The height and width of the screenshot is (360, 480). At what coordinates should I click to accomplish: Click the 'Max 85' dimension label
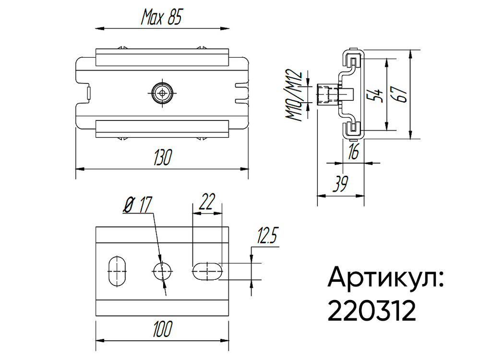(161, 18)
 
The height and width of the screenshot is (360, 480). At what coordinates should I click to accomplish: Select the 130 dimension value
(162, 158)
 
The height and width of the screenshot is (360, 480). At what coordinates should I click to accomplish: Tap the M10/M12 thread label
(294, 96)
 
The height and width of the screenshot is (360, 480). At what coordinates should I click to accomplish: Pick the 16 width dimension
(353, 152)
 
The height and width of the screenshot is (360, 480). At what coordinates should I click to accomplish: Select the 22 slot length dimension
(206, 202)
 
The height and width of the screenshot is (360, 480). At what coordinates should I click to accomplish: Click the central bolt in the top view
(162, 92)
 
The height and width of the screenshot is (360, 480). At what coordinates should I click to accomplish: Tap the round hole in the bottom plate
(163, 272)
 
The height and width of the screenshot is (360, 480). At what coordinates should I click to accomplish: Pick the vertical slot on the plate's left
(116, 272)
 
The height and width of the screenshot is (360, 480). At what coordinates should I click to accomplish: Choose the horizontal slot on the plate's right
(207, 271)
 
